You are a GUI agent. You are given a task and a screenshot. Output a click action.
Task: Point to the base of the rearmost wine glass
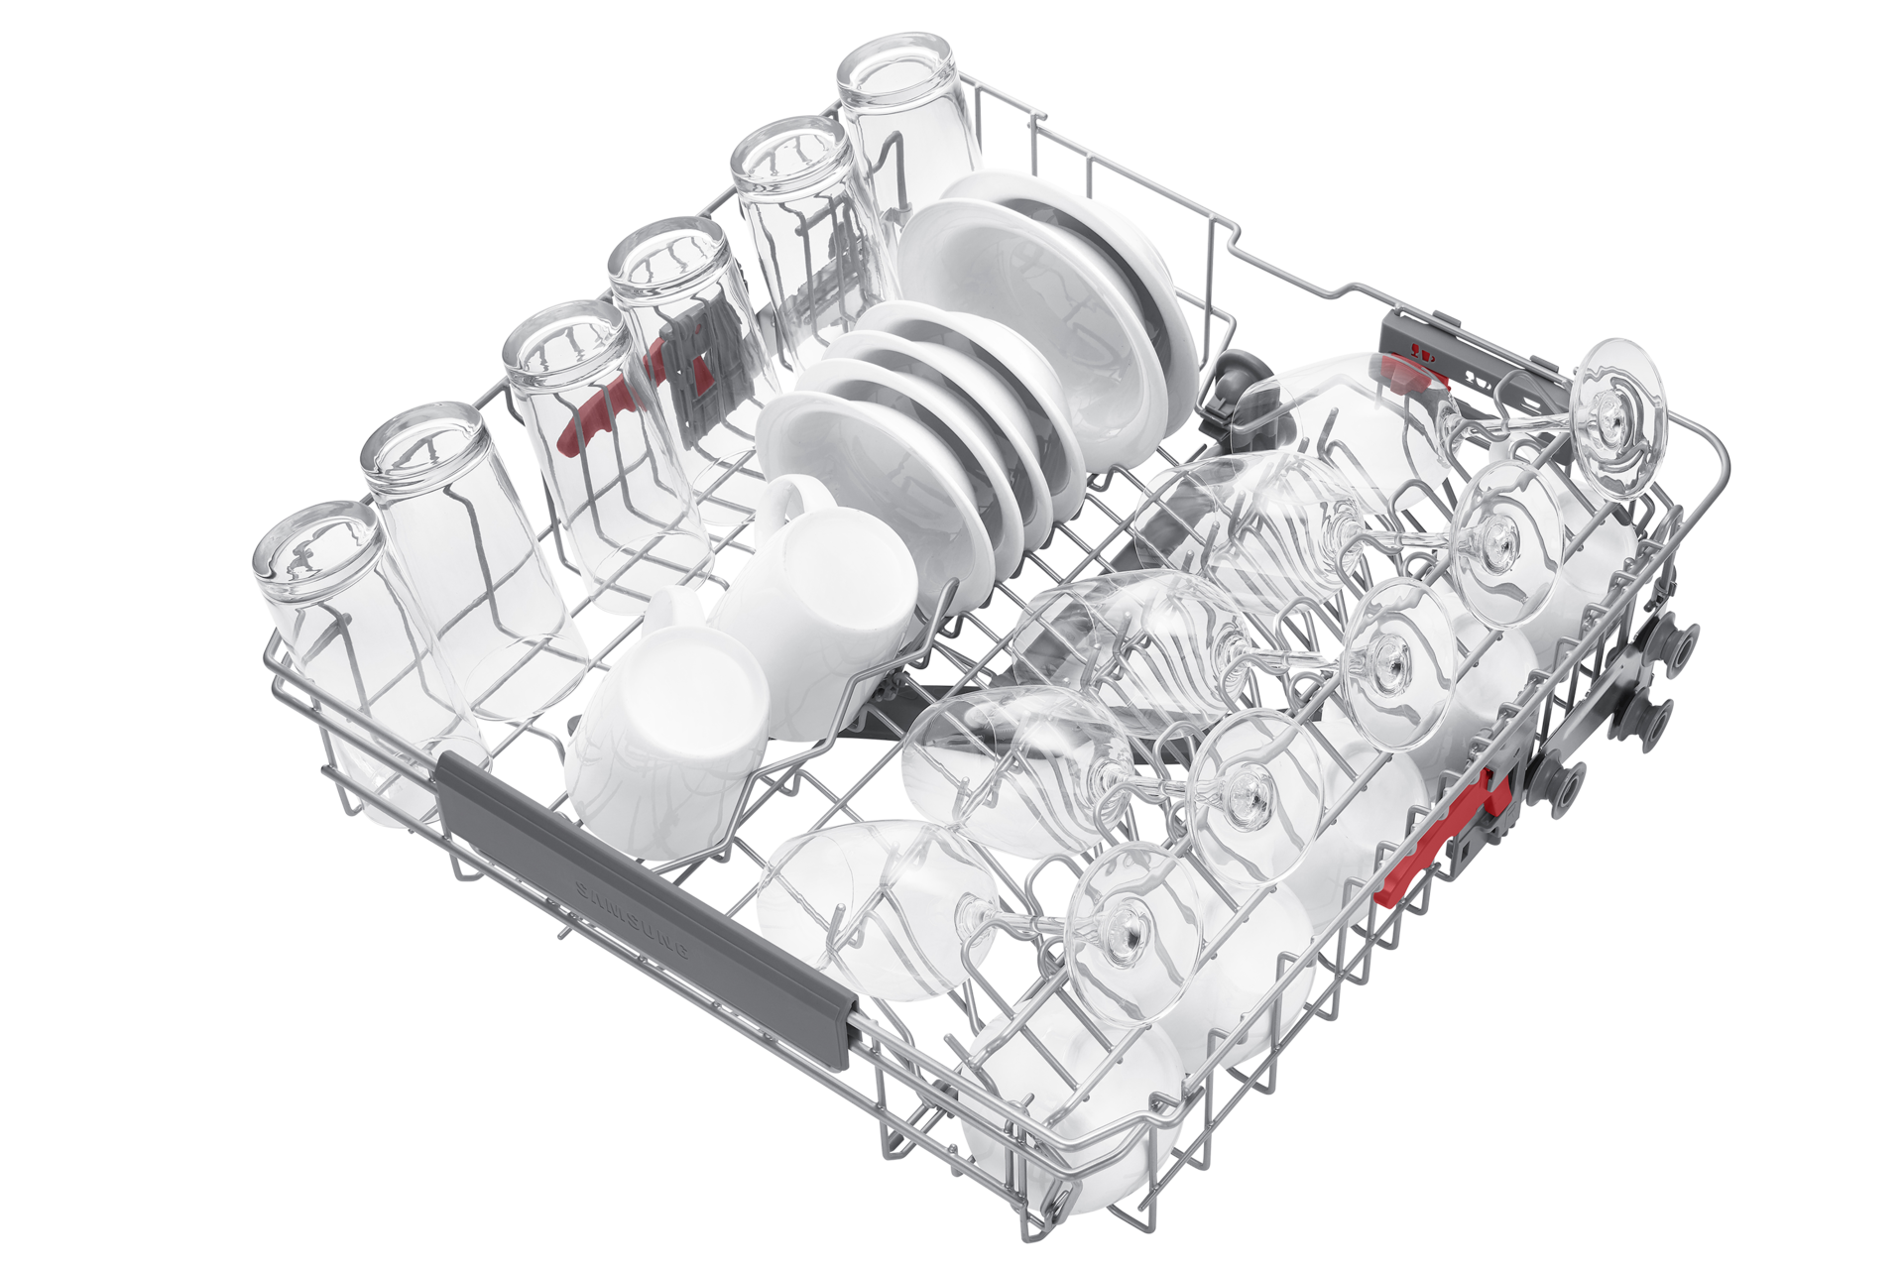click(x=1617, y=416)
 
